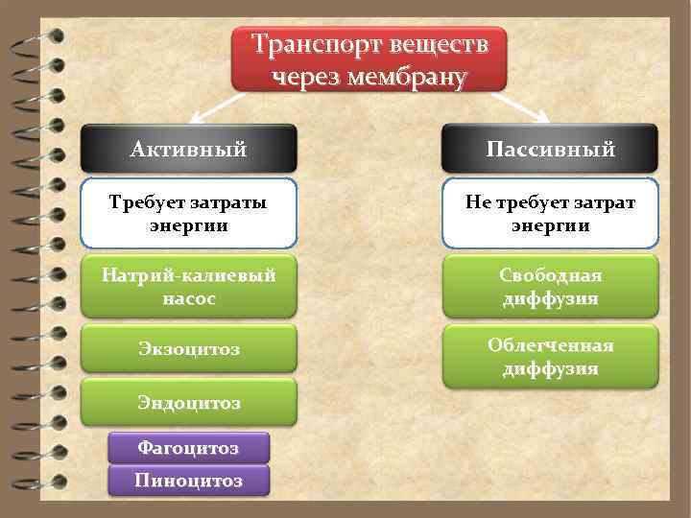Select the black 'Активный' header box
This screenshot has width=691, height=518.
(189, 149)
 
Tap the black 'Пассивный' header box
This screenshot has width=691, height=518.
(550, 149)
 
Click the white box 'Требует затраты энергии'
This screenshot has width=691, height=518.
(189, 213)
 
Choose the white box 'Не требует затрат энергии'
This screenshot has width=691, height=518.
(550, 213)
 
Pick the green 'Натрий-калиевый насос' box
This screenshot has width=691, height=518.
(189, 286)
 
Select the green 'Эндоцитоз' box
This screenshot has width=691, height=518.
(189, 402)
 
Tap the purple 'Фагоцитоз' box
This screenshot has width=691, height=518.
(188, 448)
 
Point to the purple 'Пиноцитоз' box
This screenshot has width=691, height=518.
(188, 480)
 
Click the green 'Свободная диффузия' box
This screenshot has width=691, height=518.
(550, 286)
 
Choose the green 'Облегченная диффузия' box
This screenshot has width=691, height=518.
(550, 356)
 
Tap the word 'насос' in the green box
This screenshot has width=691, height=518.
(189, 298)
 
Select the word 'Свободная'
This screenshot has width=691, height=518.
(550, 275)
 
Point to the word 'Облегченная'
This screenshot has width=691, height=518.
(550, 345)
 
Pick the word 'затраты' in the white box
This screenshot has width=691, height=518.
(227, 201)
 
